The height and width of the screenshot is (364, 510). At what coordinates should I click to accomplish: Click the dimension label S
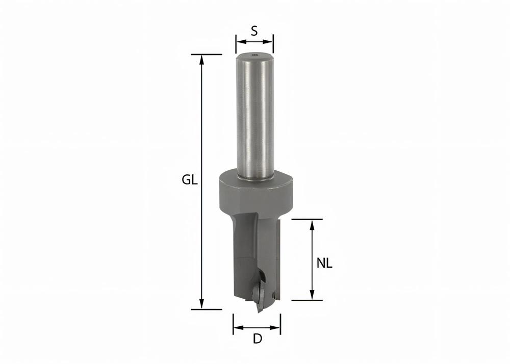254,31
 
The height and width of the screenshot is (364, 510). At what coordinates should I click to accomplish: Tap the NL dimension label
324,264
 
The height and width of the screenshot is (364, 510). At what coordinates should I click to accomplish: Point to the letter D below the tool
258,340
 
